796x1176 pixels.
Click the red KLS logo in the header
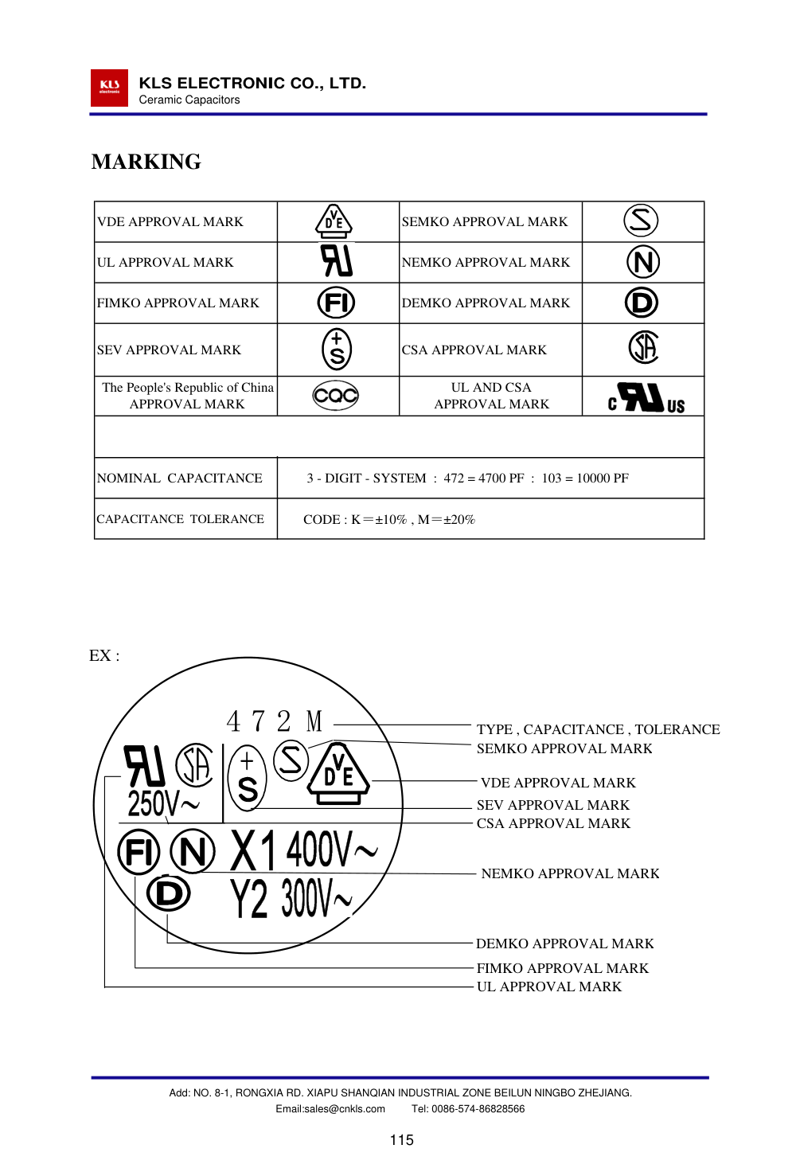click(109, 88)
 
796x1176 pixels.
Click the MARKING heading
click(146, 162)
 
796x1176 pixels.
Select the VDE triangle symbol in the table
click(334, 221)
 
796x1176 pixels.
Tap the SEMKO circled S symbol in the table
click(641, 221)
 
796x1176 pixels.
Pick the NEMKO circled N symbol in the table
click(642, 262)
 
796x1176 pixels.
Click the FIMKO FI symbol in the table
click(336, 303)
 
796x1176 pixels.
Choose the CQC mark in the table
click(336, 395)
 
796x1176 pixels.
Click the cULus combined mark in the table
click(646, 397)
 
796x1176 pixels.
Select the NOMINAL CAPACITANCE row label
click(180, 478)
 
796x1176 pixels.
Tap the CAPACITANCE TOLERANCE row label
click(181, 519)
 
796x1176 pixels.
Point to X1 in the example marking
click(252, 850)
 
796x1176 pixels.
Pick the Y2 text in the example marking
click(249, 899)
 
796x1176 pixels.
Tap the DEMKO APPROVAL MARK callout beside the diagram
click(564, 944)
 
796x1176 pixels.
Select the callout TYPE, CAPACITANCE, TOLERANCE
click(598, 729)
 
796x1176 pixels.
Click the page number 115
click(401, 1140)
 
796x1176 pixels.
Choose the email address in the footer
click(330, 1109)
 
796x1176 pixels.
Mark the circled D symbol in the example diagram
click(169, 893)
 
